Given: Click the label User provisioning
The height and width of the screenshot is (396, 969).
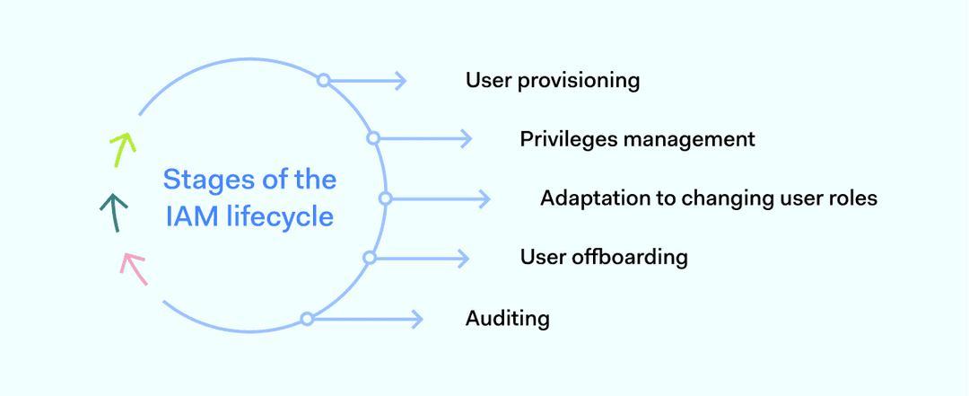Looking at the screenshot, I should click(x=552, y=81).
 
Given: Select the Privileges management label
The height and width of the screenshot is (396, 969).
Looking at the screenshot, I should click(x=637, y=139).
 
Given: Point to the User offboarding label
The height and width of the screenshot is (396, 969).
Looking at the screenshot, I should click(x=604, y=258).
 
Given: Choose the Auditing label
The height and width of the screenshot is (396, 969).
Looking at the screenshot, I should click(x=507, y=318).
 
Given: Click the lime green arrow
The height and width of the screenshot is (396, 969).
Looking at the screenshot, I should click(x=121, y=149).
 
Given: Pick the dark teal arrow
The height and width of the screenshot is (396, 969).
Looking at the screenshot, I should click(x=112, y=213).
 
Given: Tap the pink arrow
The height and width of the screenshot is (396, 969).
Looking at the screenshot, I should click(x=134, y=268).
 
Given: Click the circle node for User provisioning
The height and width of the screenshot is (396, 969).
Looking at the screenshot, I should click(x=324, y=81).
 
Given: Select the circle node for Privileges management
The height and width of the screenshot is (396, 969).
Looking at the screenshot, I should click(x=373, y=138).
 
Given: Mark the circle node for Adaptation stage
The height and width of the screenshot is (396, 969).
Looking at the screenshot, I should click(x=385, y=198).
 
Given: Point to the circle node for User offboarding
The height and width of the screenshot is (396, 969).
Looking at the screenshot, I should click(x=369, y=258).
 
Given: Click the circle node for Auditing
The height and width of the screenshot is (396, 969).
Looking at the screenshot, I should click(x=307, y=319).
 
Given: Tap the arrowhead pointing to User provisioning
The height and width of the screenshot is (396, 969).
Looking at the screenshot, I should click(x=402, y=81).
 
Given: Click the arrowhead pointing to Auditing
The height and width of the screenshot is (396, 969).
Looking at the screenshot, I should click(x=417, y=319).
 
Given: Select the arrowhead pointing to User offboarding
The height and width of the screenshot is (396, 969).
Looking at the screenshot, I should click(x=465, y=258).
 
